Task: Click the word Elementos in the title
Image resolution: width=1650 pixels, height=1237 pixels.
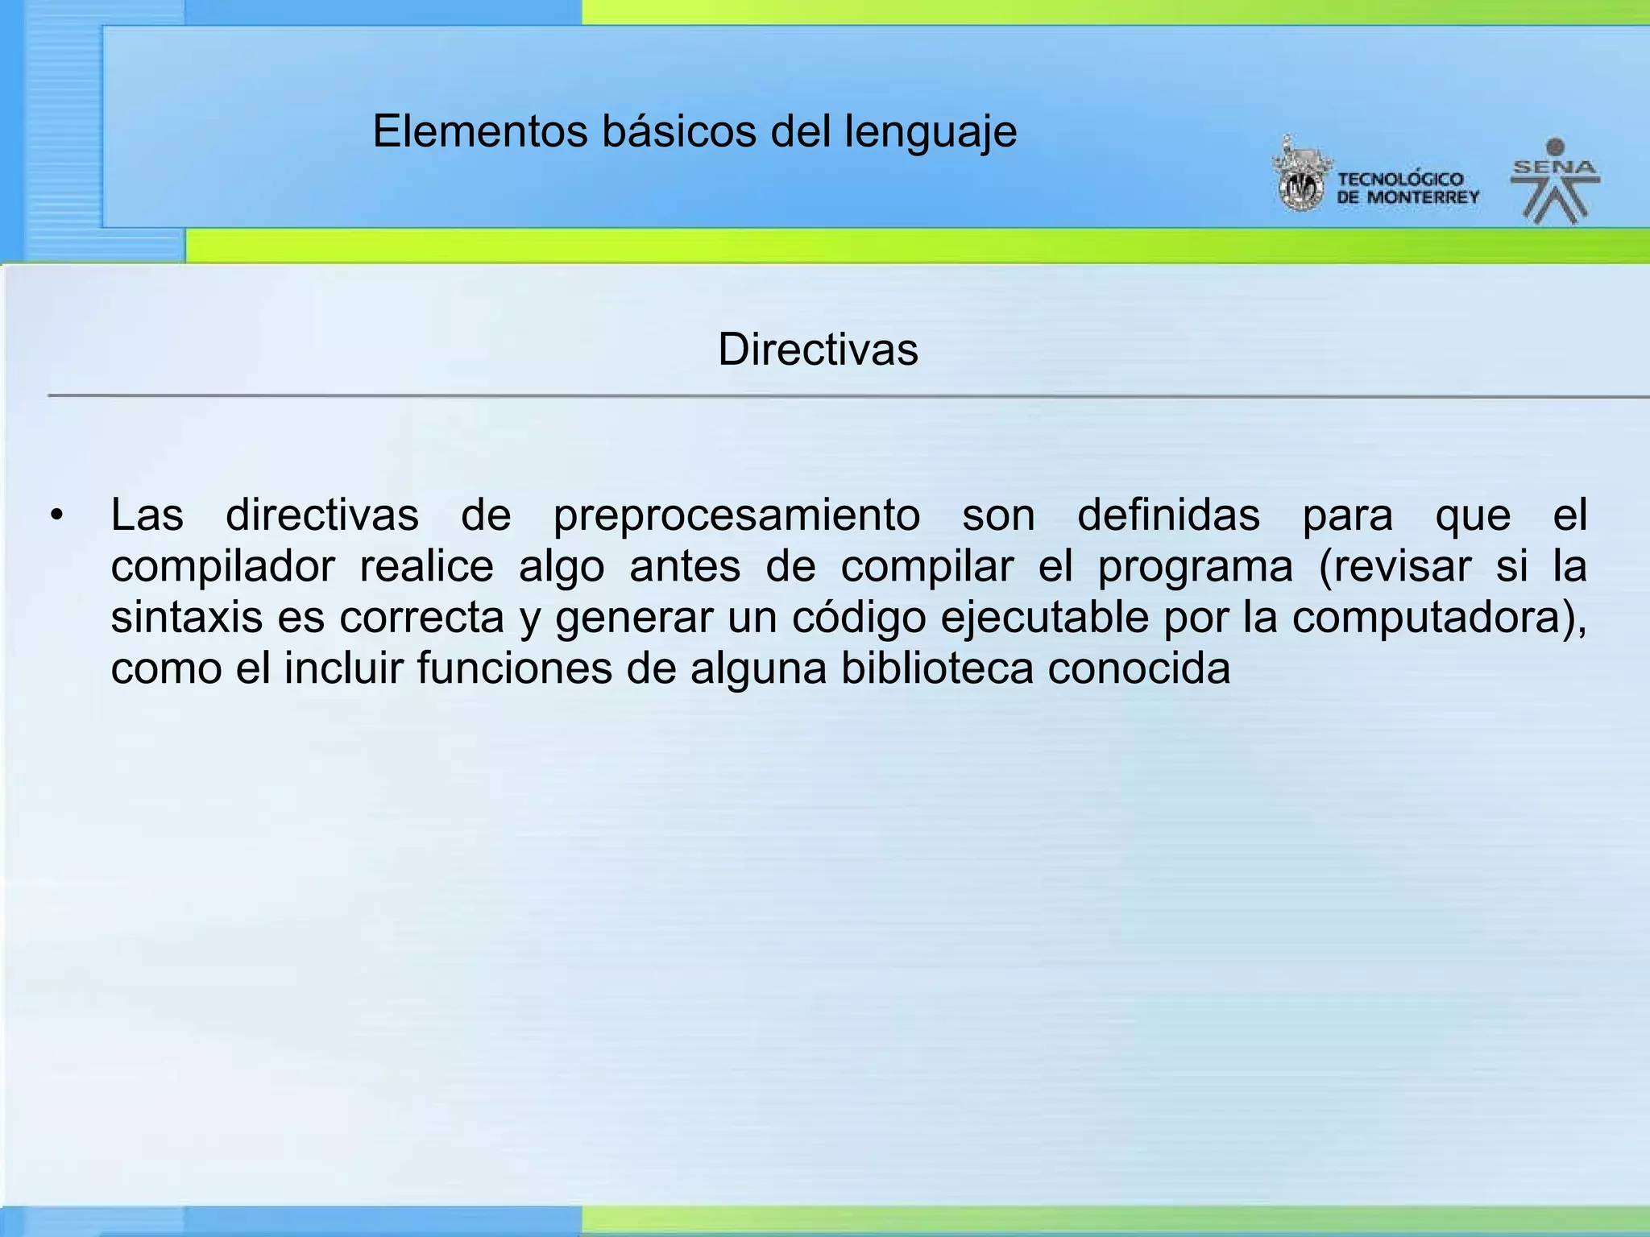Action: click(x=480, y=131)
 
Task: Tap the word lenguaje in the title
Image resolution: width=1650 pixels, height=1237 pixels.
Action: click(x=931, y=133)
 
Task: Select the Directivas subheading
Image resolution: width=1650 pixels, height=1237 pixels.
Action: click(x=818, y=350)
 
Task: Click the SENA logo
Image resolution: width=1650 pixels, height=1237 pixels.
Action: click(x=1555, y=181)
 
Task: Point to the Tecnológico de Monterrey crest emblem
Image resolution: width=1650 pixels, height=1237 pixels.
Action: click(x=1300, y=176)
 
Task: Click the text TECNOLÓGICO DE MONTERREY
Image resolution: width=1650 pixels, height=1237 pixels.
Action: click(x=1407, y=188)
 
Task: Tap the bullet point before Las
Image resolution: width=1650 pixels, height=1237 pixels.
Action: click(x=56, y=515)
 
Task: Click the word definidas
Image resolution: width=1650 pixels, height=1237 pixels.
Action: click(x=1168, y=515)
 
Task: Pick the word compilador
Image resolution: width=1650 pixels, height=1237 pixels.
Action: click(x=222, y=568)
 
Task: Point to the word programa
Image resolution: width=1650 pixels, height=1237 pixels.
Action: click(x=1195, y=568)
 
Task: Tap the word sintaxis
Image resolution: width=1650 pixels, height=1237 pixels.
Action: click(x=187, y=618)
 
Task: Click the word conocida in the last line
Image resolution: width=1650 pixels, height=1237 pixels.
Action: click(x=1138, y=668)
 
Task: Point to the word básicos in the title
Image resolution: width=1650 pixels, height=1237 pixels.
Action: click(x=679, y=131)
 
